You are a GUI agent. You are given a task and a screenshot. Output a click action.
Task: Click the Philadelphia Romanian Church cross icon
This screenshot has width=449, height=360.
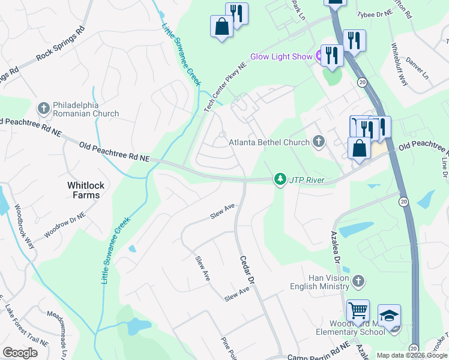(43, 108)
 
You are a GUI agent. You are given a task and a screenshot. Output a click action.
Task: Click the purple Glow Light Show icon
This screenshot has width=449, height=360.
(319, 56)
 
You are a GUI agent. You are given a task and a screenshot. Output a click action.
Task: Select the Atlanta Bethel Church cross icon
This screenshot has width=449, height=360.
(319, 142)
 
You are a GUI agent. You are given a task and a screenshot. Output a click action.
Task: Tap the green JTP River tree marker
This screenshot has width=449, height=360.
(280, 179)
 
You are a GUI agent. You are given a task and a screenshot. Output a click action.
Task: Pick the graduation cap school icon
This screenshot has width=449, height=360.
(389, 316)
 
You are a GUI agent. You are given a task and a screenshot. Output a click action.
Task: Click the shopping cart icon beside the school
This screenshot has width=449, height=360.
(358, 311)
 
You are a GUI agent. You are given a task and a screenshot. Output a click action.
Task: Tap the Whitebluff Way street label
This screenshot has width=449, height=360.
(399, 65)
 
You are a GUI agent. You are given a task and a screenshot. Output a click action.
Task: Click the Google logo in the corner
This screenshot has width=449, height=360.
(20, 352)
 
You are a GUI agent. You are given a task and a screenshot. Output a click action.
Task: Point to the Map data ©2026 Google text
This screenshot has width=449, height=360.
(411, 355)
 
